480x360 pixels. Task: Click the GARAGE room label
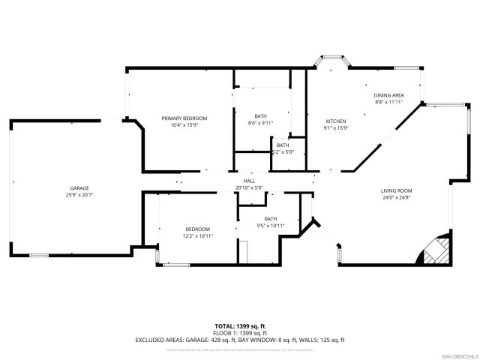click(80, 187)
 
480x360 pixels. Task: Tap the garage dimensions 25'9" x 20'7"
click(80, 194)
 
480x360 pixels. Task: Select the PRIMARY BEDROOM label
click(184, 118)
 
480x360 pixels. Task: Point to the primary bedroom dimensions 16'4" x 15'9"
click(184, 125)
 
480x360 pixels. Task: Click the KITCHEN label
click(334, 121)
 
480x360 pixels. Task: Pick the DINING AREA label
click(389, 95)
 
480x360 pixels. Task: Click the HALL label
click(250, 181)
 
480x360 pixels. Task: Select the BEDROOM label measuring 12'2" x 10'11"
click(198, 229)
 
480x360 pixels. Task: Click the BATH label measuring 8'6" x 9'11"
click(260, 116)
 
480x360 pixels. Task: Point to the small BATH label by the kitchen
click(282, 145)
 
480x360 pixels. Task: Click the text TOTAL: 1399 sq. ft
click(240, 325)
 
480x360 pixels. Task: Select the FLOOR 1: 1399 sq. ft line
click(240, 332)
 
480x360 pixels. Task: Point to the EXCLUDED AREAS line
click(240, 339)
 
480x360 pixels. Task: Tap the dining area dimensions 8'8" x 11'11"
click(389, 102)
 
